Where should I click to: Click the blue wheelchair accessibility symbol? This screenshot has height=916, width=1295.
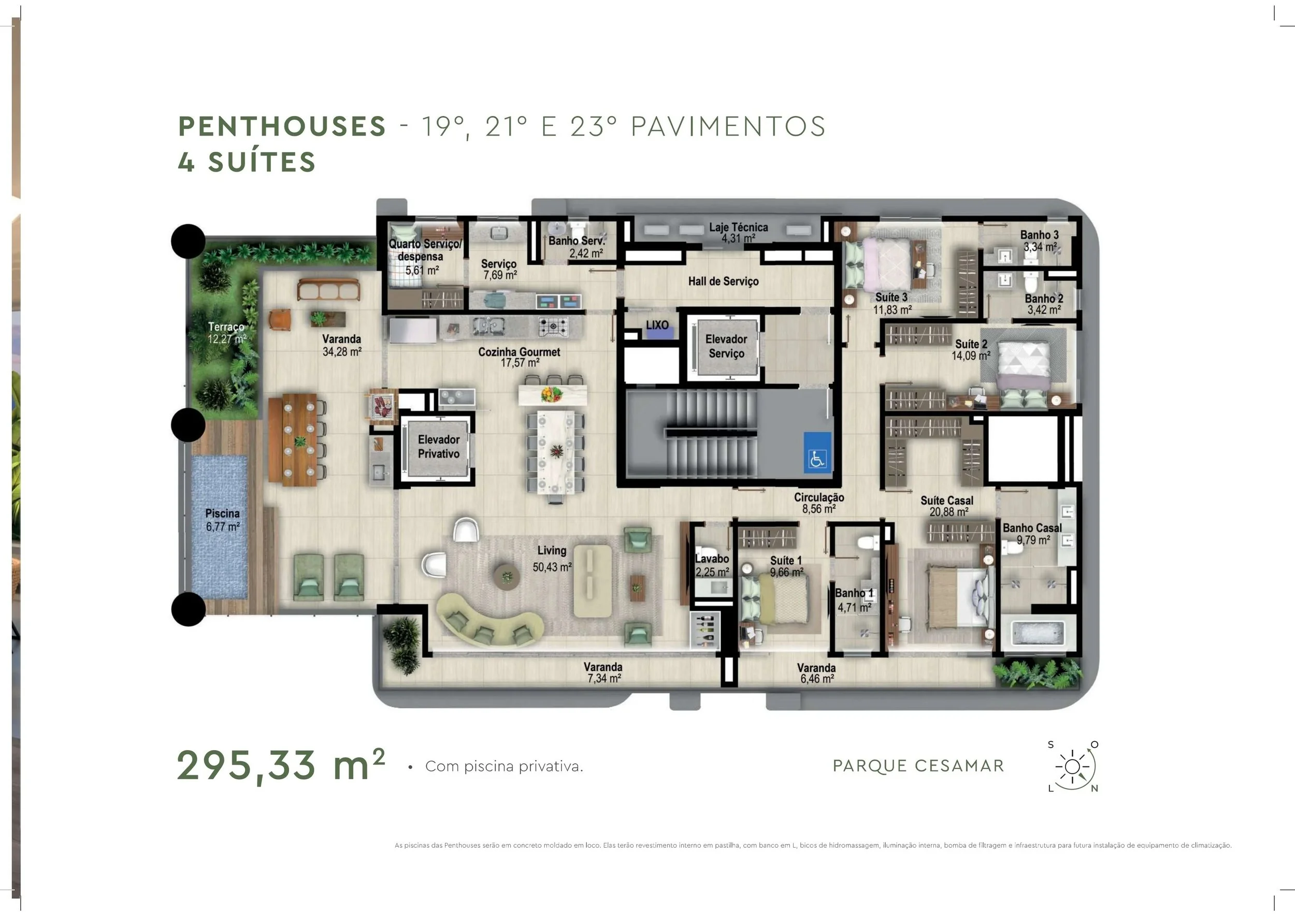coord(817,452)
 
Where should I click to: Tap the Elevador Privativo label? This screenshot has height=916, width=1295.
coord(438,447)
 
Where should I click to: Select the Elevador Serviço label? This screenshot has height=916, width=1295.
coord(726,346)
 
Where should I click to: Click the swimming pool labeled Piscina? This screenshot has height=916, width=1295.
coord(220,528)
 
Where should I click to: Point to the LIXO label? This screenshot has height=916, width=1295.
coord(657,325)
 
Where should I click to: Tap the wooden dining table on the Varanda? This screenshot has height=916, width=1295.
coord(293,440)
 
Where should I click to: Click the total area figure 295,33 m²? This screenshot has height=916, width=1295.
coord(281,766)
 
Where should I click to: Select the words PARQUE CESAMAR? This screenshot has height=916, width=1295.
coord(918,766)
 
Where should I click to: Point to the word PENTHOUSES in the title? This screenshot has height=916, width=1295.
coord(282,126)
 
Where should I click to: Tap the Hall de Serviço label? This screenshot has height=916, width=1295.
coord(723,281)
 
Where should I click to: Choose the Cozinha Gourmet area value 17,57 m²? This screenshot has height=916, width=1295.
coord(520,363)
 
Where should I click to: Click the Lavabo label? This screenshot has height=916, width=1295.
coord(712,559)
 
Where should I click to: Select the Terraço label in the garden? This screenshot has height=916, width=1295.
coord(226,326)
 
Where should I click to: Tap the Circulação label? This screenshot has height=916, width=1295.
coord(819,497)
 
